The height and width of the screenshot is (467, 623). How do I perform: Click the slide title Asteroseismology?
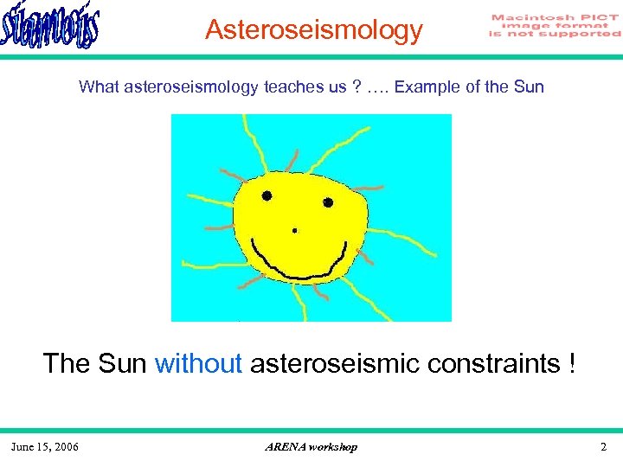point(313,30)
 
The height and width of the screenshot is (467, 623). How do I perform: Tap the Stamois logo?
point(50,28)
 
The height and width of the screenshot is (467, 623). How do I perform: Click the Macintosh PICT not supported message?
point(555,26)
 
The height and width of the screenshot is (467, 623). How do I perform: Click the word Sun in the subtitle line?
point(528,86)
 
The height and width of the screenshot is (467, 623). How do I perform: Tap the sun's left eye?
point(267,195)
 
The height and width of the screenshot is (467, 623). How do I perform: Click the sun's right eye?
point(328,202)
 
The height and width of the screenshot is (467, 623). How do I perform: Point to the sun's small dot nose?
point(295,231)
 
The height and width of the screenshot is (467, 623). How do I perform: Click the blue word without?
point(198,363)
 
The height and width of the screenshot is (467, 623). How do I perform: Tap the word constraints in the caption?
point(491,363)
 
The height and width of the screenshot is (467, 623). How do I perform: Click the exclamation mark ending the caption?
point(572,363)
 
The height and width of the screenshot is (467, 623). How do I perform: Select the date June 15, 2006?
point(45,446)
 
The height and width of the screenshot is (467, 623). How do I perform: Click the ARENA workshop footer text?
point(311,446)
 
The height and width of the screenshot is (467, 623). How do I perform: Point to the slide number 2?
point(603,446)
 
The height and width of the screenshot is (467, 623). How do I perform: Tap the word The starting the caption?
point(67,363)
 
